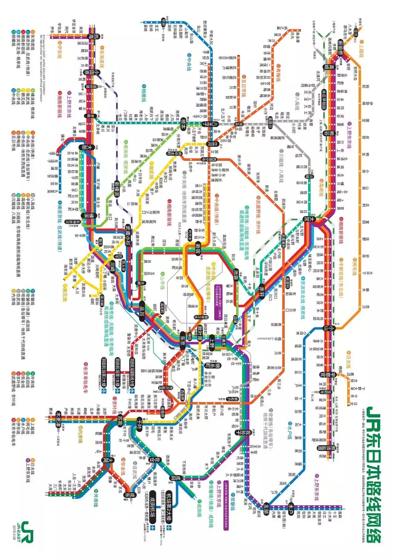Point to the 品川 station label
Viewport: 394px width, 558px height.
click(x=142, y=315)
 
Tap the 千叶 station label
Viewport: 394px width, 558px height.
click(x=140, y=421)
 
